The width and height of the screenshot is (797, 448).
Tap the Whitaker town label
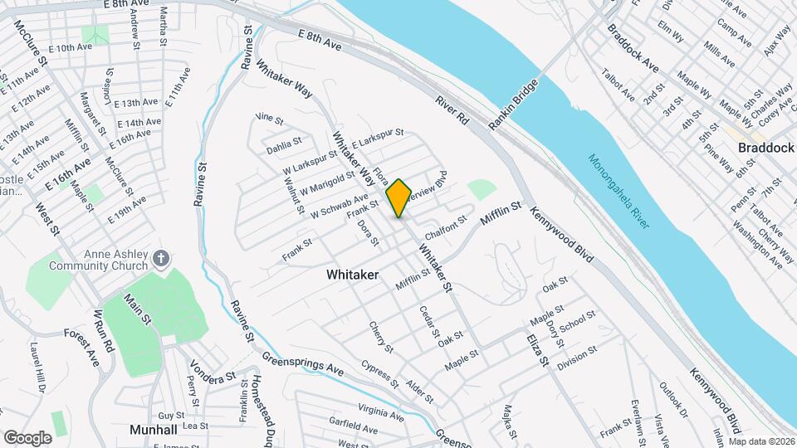click(353, 274)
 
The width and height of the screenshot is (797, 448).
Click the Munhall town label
click(155, 430)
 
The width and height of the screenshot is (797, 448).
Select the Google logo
click(27, 437)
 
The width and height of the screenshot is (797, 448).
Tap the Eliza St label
click(538, 348)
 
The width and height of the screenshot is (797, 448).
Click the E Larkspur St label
click(377, 138)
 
